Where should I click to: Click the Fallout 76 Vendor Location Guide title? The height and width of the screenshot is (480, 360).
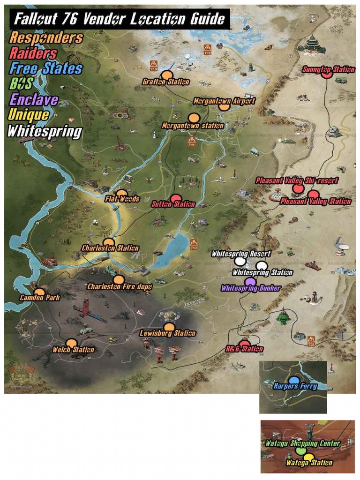[x=119, y=19]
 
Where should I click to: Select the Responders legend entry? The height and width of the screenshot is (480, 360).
[x=46, y=37]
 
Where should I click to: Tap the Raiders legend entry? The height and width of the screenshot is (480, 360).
[x=33, y=53]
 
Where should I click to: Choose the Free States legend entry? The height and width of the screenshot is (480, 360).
[x=46, y=68]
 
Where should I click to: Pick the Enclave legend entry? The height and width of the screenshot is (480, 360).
[x=34, y=99]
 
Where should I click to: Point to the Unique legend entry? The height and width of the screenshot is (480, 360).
[x=29, y=115]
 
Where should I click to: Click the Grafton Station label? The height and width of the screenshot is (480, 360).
[x=166, y=82]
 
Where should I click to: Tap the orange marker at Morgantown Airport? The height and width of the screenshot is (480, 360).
[x=225, y=106]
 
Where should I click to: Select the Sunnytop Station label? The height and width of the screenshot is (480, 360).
[x=328, y=70]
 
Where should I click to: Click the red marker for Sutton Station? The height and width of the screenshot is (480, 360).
[x=175, y=198]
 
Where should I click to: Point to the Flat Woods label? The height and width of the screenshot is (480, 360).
[x=122, y=199]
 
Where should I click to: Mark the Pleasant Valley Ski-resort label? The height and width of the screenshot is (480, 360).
[x=297, y=180]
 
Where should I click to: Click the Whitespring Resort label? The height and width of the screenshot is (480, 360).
[x=241, y=254]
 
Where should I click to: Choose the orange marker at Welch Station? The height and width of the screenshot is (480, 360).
[x=71, y=344]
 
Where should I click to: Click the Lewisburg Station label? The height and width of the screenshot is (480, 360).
[x=168, y=334]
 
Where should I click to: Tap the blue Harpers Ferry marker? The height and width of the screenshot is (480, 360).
[x=294, y=380]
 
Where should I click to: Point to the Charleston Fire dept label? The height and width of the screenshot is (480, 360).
[x=120, y=286]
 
